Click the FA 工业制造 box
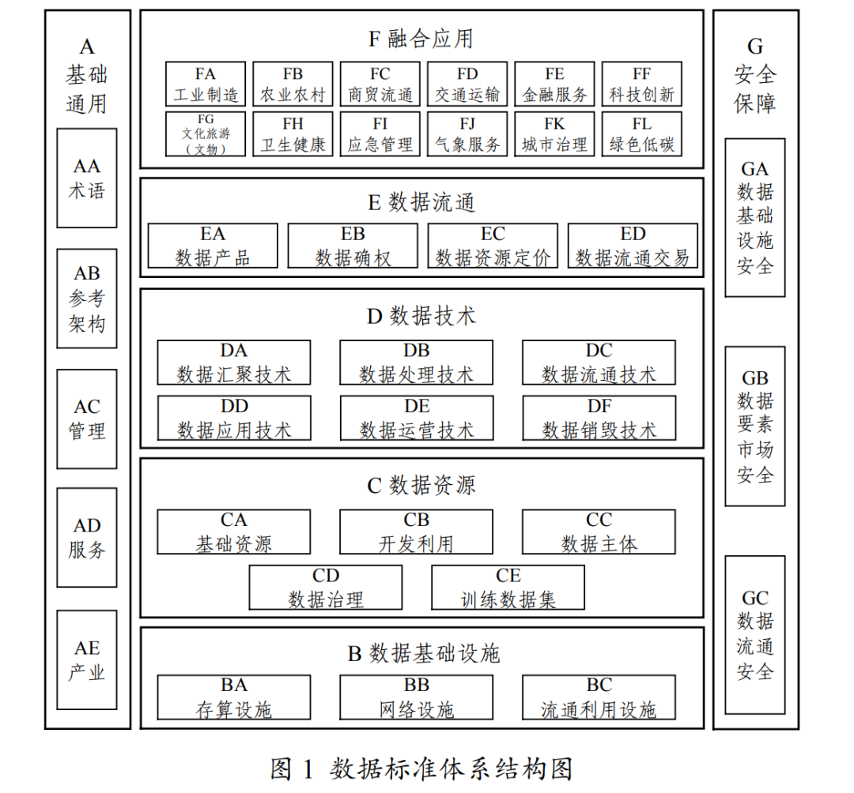pyautogui.click(x=206, y=85)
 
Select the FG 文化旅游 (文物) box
pyautogui.click(x=206, y=133)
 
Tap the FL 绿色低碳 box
pyautogui.click(x=641, y=133)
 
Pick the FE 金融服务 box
pyautogui.click(x=554, y=85)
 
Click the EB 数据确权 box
pyautogui.click(x=353, y=246)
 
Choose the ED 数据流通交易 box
pyautogui.click(x=633, y=246)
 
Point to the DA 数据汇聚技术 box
pyautogui.click(x=234, y=363)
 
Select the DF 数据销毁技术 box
pyautogui.click(x=599, y=418)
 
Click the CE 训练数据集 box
pyautogui.click(x=508, y=588)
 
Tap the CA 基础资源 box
pyautogui.click(x=234, y=532)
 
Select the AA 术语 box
pyautogui.click(x=87, y=179)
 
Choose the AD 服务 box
pyautogui.click(x=87, y=537)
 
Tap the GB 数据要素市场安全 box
pyautogui.click(x=755, y=426)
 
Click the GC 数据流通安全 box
pyautogui.click(x=755, y=635)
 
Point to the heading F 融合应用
pyautogui.click(x=421, y=38)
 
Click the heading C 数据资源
pyautogui.click(x=421, y=485)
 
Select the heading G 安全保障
pyautogui.click(x=755, y=75)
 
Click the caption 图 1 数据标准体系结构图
pyautogui.click(x=421, y=768)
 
